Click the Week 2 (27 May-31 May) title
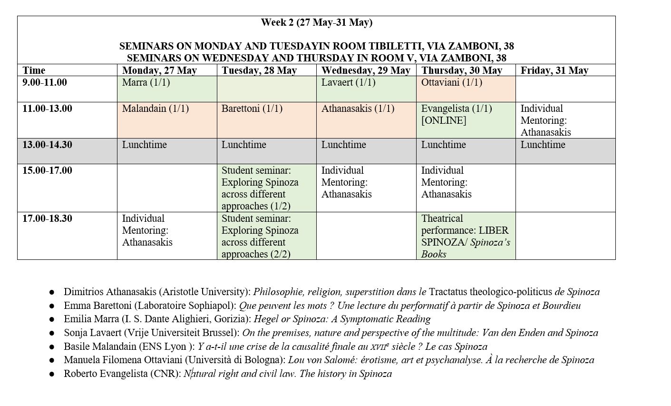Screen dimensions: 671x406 click(316, 22)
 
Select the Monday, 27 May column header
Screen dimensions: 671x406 click(159, 70)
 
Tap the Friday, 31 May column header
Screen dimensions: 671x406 click(554, 70)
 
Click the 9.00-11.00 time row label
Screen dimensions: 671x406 click(45, 82)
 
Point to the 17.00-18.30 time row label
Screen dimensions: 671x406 click(47, 218)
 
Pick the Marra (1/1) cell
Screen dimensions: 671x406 click(146, 82)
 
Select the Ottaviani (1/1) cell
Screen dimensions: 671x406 click(451, 82)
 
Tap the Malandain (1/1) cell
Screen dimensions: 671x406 click(156, 109)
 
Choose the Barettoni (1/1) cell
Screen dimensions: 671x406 click(252, 109)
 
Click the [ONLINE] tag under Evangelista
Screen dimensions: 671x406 click(443, 120)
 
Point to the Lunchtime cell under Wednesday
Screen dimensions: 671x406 click(343, 145)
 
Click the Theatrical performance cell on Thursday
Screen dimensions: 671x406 click(465, 236)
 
